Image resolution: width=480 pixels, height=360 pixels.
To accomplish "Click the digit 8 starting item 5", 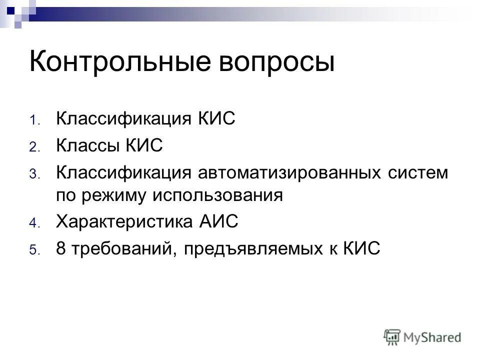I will click(60, 247).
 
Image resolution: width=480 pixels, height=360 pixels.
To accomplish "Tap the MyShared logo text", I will click(432, 337).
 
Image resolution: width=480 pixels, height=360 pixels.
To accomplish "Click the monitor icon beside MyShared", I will click(392, 336).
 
